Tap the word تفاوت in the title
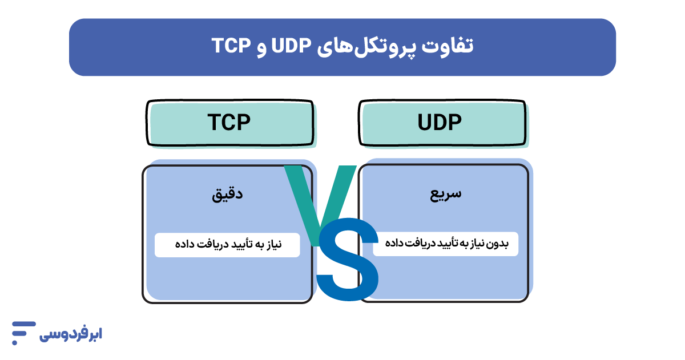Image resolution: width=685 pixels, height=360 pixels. click(449, 46)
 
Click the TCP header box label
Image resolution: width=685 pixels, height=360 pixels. click(229, 123)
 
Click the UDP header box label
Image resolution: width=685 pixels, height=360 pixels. click(440, 123)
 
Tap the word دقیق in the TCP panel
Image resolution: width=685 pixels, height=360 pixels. click(228, 195)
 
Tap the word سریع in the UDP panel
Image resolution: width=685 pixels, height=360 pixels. click(446, 194)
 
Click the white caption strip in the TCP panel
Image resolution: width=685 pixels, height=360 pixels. click(227, 245)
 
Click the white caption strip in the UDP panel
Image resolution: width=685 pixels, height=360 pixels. click(445, 244)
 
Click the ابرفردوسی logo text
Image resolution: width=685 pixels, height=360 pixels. click(71, 334)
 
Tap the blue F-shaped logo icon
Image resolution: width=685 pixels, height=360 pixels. click(23, 329)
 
